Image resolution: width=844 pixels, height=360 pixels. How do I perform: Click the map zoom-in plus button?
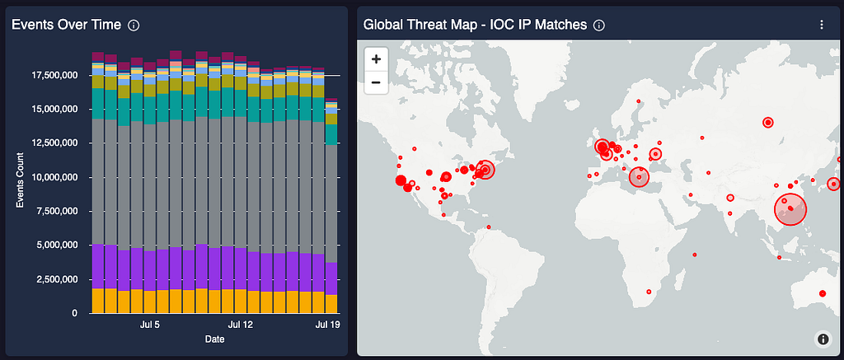click(x=376, y=58)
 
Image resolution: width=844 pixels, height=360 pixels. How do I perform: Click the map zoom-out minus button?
click(x=376, y=82)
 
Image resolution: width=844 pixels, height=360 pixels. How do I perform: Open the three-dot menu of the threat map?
click(x=822, y=25)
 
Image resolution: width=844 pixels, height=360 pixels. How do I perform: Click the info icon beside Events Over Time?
click(x=134, y=26)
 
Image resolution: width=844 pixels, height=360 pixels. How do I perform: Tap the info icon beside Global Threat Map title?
click(x=598, y=26)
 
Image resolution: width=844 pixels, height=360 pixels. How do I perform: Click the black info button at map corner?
click(x=823, y=339)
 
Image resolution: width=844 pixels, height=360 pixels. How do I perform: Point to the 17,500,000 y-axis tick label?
click(x=55, y=75)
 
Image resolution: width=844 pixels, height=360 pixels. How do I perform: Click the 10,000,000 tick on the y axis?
click(x=55, y=177)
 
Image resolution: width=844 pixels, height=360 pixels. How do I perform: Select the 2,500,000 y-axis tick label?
click(x=58, y=279)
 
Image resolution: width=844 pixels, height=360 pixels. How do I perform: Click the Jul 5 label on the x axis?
click(x=150, y=325)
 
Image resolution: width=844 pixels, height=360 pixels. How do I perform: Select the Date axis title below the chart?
click(x=215, y=339)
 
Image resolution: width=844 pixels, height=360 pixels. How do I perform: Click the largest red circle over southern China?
click(x=790, y=209)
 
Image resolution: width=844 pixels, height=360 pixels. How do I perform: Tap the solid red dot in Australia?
click(x=823, y=293)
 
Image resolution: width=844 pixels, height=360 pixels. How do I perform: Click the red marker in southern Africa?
click(x=649, y=292)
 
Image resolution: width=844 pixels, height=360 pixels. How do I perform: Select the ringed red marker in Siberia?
click(x=768, y=123)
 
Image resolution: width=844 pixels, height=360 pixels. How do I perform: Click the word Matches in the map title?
click(x=564, y=25)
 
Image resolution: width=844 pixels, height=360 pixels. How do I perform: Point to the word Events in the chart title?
click(x=30, y=25)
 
